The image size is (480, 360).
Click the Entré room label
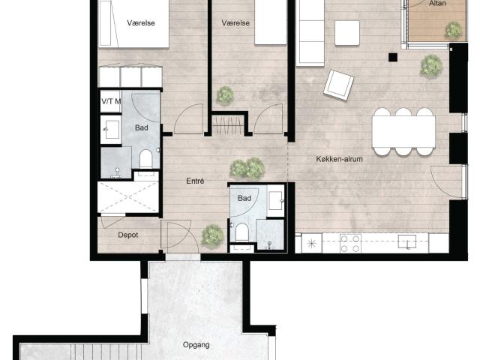point(195,181)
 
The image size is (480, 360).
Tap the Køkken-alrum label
point(339,159)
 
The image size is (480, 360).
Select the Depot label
point(128,235)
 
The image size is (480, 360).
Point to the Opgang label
point(196,345)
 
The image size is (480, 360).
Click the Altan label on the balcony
point(437,3)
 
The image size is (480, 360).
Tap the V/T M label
point(111,101)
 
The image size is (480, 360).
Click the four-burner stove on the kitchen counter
point(350,243)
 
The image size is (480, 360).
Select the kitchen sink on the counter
point(406,241)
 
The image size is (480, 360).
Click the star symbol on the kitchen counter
point(312,244)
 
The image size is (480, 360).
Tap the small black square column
point(393,57)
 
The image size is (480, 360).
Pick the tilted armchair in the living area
point(338,85)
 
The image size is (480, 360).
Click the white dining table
point(403,132)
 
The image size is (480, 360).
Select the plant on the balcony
point(453,30)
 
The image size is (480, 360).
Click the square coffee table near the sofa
point(347,33)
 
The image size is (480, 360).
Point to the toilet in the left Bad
point(145,158)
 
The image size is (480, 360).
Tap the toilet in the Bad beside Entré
point(241,232)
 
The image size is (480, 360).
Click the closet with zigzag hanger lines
point(228,125)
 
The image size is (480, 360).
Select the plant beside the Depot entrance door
point(212,236)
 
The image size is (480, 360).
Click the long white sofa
point(310,32)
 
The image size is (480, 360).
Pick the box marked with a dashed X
point(128,197)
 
